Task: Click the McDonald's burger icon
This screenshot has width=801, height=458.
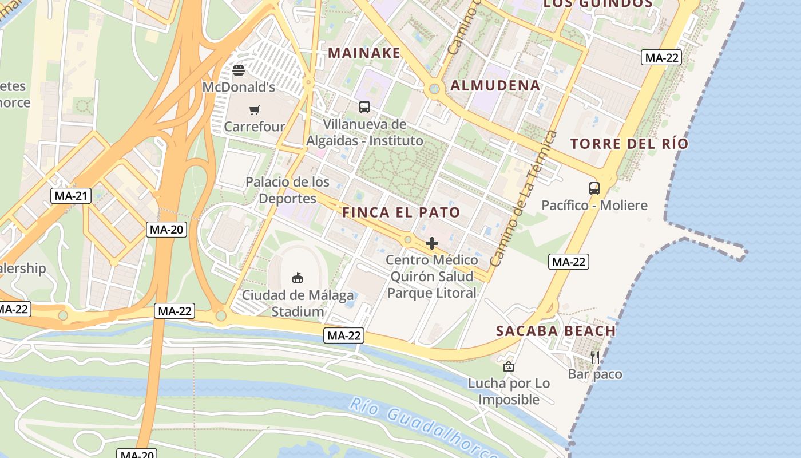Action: [x=239, y=70]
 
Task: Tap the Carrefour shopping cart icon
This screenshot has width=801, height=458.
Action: [x=255, y=109]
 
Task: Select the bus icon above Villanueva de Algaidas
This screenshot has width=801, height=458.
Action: [x=364, y=106]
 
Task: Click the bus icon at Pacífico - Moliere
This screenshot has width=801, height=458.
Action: [x=594, y=188]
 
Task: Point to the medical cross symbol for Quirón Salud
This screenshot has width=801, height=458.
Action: [x=432, y=243]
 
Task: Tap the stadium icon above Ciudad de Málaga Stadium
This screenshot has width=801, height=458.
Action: [x=298, y=278]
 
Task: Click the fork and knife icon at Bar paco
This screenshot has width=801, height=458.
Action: [x=595, y=357]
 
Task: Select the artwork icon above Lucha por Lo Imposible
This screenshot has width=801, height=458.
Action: [x=509, y=366]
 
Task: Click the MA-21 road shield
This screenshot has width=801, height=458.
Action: [x=71, y=196]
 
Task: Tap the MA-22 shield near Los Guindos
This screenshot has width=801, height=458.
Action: [x=661, y=57]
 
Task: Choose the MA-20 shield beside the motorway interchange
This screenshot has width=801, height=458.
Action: [x=166, y=230]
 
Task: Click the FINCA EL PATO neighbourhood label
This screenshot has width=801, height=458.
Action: [x=401, y=212]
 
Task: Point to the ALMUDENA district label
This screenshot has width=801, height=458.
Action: [x=495, y=86]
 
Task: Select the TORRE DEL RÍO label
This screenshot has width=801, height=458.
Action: [x=629, y=144]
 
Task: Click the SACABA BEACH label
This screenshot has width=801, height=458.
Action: [x=556, y=331]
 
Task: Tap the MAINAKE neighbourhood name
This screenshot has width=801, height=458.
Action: [x=364, y=53]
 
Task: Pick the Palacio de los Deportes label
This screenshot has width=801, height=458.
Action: [x=287, y=190]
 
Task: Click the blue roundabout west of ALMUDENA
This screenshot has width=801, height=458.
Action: [x=434, y=89]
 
